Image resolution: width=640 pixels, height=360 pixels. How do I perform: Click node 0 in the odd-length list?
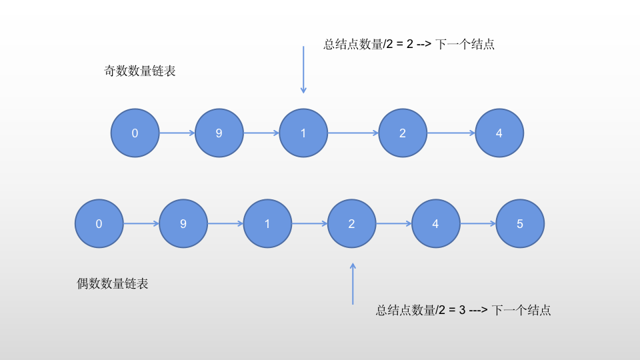click(x=135, y=133)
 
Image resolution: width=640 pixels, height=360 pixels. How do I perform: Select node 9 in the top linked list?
click(x=219, y=133)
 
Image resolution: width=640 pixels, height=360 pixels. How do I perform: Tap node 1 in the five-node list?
click(x=303, y=133)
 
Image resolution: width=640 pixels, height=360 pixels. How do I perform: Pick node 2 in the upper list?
click(x=403, y=133)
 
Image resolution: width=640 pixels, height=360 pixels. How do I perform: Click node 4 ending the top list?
click(x=499, y=133)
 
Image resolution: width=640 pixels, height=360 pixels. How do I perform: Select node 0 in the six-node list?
click(x=99, y=224)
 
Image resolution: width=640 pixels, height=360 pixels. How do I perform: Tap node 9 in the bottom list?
click(x=183, y=224)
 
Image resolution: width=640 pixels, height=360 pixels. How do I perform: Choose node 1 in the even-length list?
click(x=267, y=224)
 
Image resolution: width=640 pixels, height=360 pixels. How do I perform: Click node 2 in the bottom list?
click(x=352, y=224)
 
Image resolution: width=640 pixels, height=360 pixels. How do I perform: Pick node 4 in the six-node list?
click(x=436, y=224)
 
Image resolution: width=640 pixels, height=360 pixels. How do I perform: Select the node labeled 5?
click(x=520, y=224)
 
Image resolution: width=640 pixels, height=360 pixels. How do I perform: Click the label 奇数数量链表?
click(x=140, y=71)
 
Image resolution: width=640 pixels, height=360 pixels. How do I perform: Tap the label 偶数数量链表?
click(x=113, y=284)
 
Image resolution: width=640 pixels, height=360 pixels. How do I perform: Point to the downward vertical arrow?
click(x=303, y=70)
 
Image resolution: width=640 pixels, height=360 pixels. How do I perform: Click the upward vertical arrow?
click(x=353, y=283)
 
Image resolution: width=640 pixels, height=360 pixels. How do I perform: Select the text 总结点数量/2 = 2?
click(x=368, y=45)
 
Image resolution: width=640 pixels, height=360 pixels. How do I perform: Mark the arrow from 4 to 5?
click(x=478, y=224)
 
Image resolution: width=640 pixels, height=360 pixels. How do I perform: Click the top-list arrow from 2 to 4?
click(x=451, y=133)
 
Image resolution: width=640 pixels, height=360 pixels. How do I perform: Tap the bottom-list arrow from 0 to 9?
click(x=141, y=224)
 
